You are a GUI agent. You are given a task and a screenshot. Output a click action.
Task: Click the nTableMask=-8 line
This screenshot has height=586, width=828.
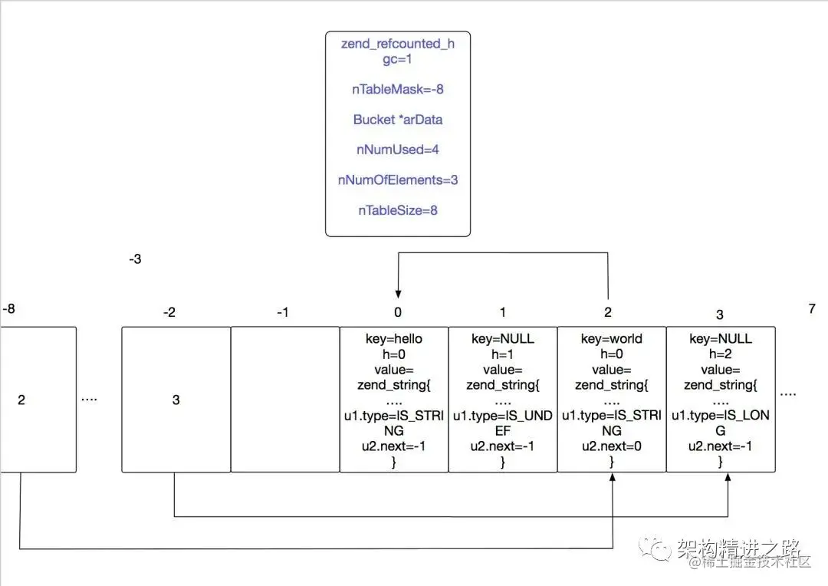click(x=398, y=89)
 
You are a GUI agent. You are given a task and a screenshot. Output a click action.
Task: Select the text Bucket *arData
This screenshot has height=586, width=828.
click(x=398, y=120)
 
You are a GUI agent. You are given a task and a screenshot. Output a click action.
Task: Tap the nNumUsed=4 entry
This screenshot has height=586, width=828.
click(x=398, y=150)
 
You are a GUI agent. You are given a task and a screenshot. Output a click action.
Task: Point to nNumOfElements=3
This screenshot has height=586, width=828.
click(x=398, y=180)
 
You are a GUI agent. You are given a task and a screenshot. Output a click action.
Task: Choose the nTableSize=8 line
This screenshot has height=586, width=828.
click(x=398, y=210)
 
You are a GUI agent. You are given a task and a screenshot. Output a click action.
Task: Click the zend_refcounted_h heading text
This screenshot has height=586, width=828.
click(x=398, y=43)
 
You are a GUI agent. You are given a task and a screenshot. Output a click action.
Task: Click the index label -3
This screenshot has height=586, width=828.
click(x=135, y=259)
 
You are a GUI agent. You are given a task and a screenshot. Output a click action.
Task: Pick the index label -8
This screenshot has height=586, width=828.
click(x=9, y=308)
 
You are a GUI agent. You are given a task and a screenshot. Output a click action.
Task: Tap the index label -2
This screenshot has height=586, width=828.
click(x=169, y=312)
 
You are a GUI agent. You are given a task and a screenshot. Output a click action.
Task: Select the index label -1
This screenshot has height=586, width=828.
click(x=282, y=312)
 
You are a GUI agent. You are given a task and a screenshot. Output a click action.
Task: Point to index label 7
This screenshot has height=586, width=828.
click(x=812, y=308)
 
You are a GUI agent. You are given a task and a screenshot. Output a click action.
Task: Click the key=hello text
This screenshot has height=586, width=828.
click(x=394, y=339)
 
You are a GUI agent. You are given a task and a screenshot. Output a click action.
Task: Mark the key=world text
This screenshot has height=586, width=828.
click(x=612, y=339)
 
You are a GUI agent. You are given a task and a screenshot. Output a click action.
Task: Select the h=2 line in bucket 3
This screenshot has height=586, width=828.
click(x=720, y=354)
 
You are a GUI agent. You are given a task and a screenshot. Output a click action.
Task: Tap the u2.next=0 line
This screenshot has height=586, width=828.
click(x=612, y=446)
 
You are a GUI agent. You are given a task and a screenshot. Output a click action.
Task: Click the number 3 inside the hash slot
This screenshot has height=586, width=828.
click(x=176, y=400)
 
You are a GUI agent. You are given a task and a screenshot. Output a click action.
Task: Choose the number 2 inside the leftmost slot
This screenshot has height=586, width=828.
click(x=21, y=400)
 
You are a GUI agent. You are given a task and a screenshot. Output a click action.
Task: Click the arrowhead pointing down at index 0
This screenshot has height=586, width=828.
click(x=398, y=294)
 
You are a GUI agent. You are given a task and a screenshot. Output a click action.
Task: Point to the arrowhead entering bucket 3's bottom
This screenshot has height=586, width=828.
click(x=728, y=476)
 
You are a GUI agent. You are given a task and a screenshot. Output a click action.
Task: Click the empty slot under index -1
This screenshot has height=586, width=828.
click(x=285, y=400)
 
